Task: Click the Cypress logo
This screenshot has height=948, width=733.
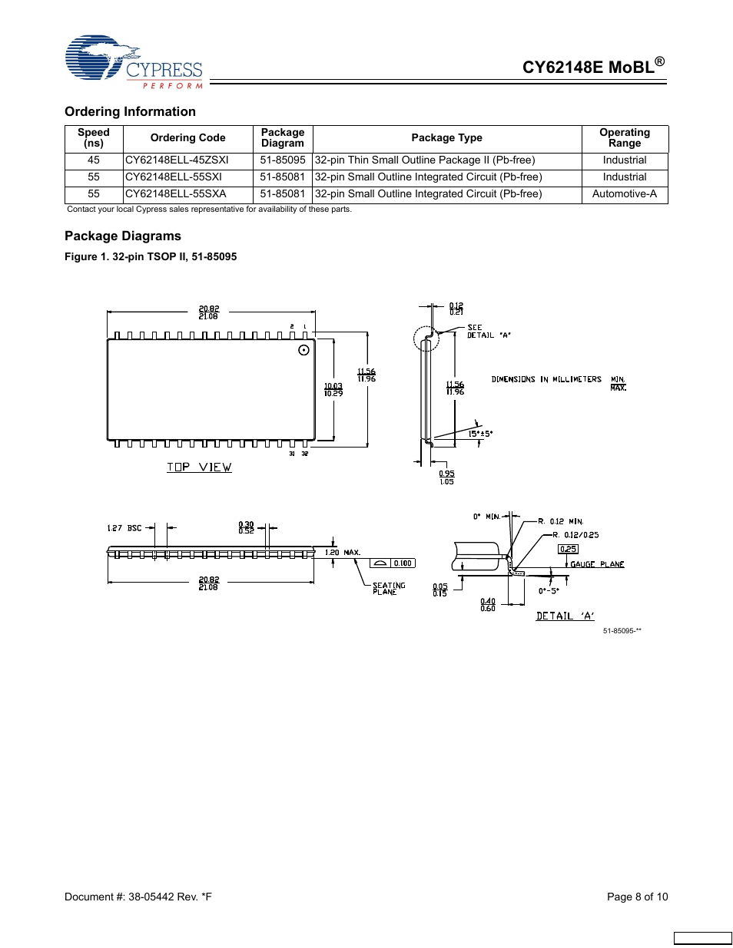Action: point(134,61)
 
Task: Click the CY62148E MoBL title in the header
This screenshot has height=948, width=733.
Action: point(592,67)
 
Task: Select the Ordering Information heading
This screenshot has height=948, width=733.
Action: point(130,111)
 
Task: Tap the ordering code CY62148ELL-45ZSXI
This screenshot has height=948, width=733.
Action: point(177,160)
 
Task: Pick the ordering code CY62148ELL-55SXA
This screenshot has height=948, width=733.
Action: point(176,194)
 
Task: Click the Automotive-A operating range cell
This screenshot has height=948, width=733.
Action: point(624,194)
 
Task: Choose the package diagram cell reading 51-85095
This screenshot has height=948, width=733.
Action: point(282,160)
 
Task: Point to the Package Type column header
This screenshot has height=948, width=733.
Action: point(446,138)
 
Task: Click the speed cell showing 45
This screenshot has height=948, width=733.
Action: point(94,160)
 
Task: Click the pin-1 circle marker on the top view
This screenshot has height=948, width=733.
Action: point(303,350)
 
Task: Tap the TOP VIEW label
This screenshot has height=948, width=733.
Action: point(199,467)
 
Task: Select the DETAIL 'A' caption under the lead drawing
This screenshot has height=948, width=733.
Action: point(565,616)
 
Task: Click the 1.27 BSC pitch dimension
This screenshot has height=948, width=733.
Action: point(124,528)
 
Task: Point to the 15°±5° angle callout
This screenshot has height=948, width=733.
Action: point(480,434)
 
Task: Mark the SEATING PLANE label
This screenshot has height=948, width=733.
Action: point(389,589)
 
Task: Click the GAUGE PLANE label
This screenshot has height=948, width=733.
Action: point(597,564)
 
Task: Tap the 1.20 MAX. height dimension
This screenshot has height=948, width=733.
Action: point(343,553)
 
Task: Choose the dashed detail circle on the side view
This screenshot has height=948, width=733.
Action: point(426,339)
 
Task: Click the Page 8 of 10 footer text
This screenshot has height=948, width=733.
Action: point(637,897)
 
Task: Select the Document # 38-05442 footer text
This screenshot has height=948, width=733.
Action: point(138,897)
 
